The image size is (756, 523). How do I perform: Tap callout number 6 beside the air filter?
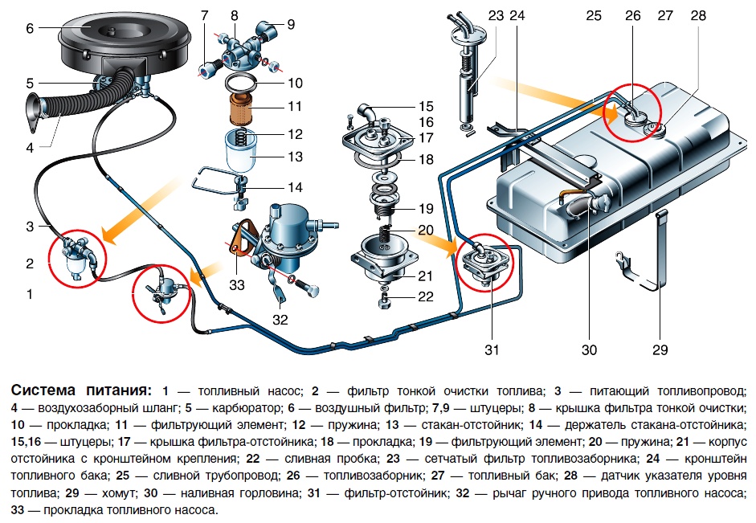(30, 29)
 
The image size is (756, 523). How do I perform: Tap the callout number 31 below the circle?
(492, 349)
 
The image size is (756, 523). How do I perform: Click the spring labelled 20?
(386, 235)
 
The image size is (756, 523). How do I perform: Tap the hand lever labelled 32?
(280, 295)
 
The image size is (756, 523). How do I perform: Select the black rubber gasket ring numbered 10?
(241, 83)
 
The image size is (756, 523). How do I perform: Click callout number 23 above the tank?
(496, 14)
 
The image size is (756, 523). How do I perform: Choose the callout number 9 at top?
(290, 24)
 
